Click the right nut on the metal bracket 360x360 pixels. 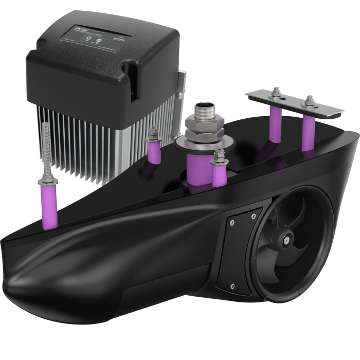coord(309,100)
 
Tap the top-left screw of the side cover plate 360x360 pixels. coord(231,222)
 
